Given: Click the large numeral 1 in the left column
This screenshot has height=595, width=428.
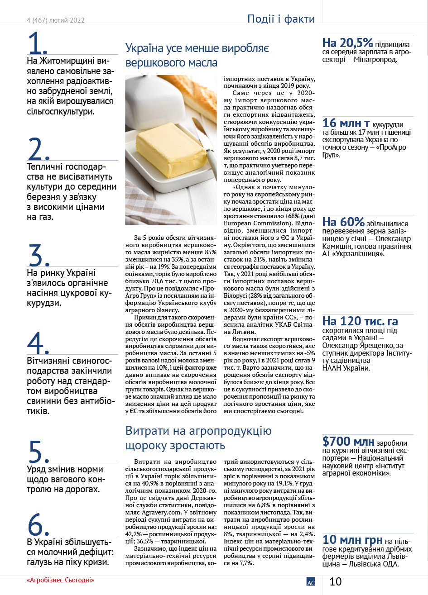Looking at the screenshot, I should [x=37, y=43].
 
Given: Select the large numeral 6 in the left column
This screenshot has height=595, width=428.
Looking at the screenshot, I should [x=38, y=524].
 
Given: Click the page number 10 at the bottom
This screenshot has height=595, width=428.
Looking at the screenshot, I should [x=335, y=581].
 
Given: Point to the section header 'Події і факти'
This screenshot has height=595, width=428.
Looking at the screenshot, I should [x=281, y=19].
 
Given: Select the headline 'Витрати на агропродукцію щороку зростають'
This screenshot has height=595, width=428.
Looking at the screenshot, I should [x=198, y=438].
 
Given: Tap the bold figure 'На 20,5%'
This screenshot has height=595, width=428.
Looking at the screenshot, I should [x=348, y=43].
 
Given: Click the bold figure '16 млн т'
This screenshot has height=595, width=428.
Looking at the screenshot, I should [x=346, y=124].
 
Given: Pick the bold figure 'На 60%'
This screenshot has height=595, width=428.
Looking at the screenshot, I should [x=344, y=222].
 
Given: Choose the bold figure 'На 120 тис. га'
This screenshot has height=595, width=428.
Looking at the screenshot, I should [x=360, y=321].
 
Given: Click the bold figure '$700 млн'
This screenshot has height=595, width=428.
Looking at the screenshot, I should [x=348, y=442].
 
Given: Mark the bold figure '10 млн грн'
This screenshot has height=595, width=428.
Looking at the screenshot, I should [x=352, y=540].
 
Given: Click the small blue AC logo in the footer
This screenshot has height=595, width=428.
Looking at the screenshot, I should [x=311, y=582].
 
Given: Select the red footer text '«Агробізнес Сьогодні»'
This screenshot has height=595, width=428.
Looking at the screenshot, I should [x=63, y=580].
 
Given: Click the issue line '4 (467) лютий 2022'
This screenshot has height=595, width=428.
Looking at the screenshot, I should [x=56, y=20].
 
